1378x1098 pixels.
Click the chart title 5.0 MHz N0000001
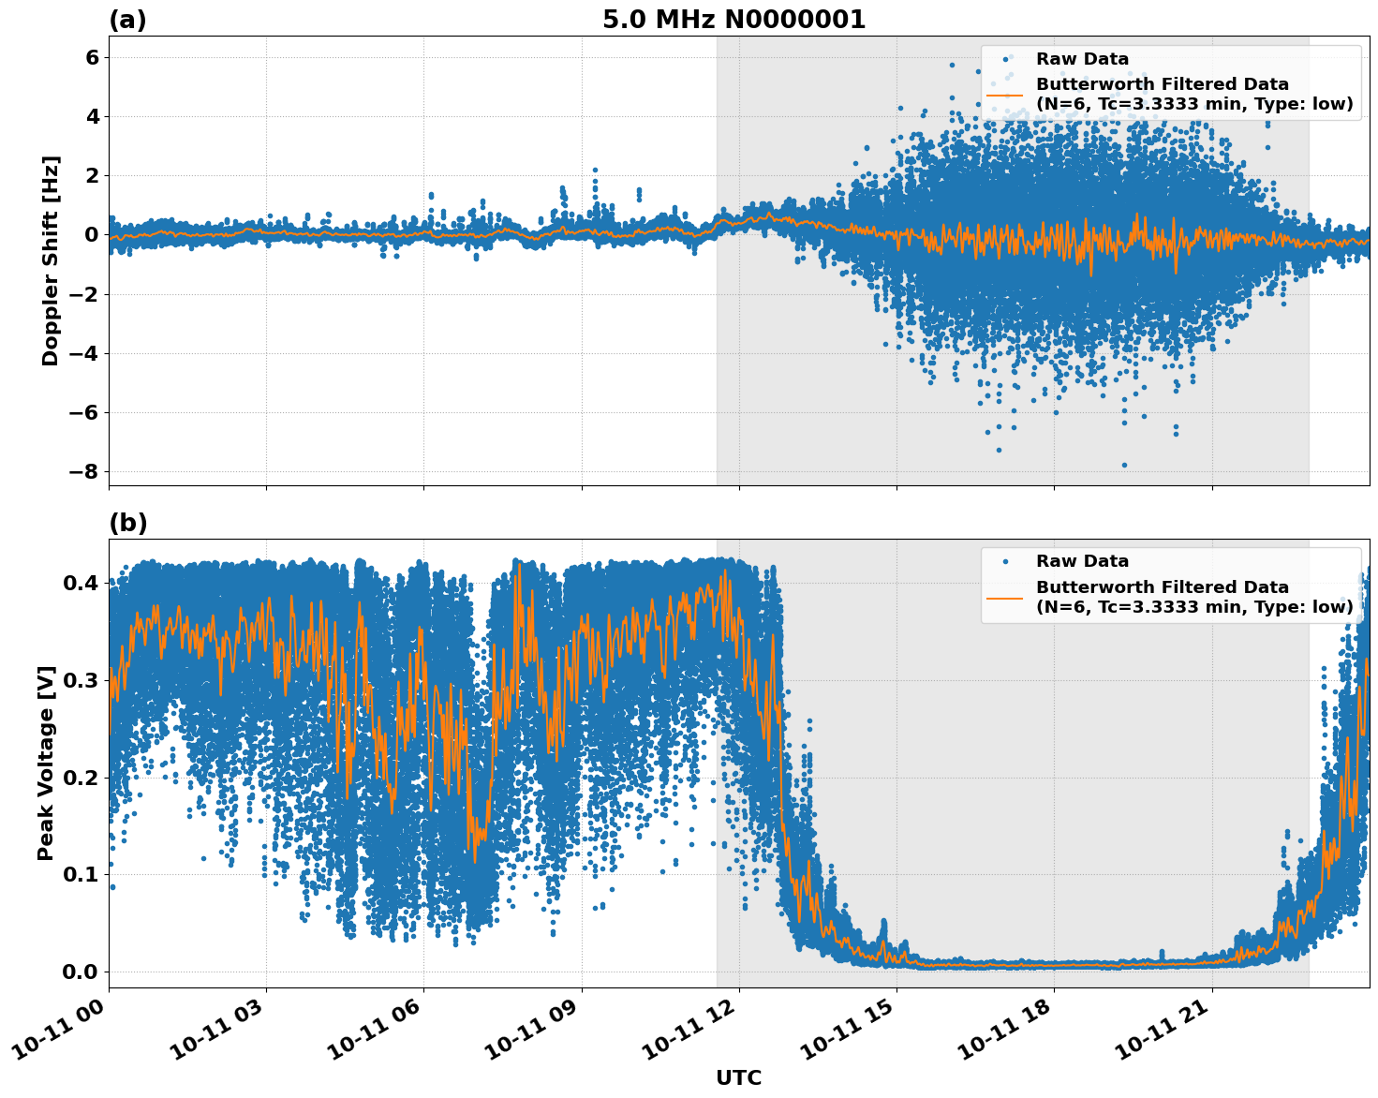(733, 20)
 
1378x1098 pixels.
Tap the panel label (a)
(127, 20)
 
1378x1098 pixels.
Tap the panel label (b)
(127, 523)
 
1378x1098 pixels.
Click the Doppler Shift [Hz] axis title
(51, 260)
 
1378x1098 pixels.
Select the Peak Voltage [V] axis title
(46, 763)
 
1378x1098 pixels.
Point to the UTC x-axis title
(738, 1077)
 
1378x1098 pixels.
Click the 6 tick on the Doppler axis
(92, 57)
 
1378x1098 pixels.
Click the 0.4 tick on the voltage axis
(80, 583)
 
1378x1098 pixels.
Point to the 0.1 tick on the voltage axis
(80, 874)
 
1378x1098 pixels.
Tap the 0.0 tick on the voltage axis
(80, 972)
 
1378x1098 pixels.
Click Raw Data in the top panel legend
(1082, 59)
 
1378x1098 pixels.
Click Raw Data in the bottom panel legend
(1082, 561)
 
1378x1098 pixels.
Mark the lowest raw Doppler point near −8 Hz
(1124, 465)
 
